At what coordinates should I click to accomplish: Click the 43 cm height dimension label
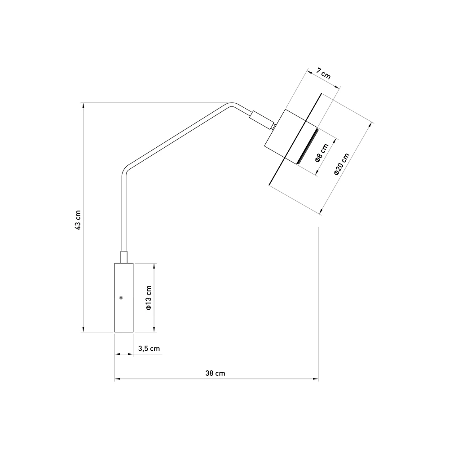pos(78,220)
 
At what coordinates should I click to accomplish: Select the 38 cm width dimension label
pos(215,374)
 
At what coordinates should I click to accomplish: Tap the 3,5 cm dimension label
pos(149,348)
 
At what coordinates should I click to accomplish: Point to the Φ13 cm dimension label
pos(149,298)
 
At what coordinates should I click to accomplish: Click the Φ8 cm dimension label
pos(322,153)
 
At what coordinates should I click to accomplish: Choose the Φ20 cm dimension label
pos(342,164)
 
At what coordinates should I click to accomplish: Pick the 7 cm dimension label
pos(324,74)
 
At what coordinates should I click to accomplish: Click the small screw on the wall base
pos(121,298)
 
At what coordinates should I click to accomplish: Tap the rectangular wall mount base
pos(124,298)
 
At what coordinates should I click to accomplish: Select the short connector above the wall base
pos(124,257)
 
